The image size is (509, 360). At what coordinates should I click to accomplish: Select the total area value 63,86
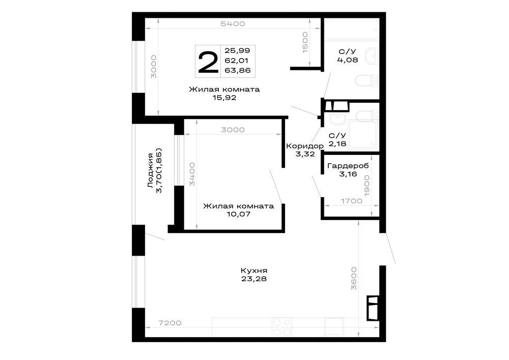(238, 70)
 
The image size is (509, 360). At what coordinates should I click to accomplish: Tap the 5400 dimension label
(233, 24)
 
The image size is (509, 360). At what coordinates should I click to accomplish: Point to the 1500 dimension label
(305, 42)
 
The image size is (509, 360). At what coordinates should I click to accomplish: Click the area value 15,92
(224, 98)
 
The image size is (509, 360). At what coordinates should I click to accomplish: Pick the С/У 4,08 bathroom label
(347, 56)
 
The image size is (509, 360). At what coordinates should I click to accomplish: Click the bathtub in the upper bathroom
(352, 30)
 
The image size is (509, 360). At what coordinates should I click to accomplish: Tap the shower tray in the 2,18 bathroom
(362, 134)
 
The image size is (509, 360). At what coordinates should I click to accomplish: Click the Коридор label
(305, 146)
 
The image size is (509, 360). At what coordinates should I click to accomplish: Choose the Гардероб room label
(348, 166)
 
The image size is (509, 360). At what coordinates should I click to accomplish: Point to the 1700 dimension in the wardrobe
(352, 201)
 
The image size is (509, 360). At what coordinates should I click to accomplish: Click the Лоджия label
(150, 171)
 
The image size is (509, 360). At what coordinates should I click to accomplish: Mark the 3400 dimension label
(192, 174)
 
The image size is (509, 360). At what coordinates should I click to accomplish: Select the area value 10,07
(239, 214)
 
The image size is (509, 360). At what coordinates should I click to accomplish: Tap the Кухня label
(254, 270)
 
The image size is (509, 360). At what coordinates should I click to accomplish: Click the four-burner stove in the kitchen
(282, 327)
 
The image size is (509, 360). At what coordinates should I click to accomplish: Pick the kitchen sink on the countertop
(334, 326)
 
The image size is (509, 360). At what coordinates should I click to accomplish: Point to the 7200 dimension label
(170, 323)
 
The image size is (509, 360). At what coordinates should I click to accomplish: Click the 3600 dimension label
(354, 279)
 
